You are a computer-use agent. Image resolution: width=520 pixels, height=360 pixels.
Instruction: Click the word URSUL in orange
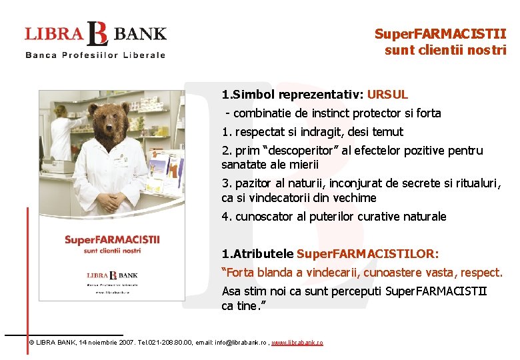pyautogui.click(x=387, y=95)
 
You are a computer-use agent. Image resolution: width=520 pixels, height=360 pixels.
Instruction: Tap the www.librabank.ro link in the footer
pyautogui.click(x=297, y=342)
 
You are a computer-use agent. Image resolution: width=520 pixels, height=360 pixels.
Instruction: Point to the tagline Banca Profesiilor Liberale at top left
pyautogui.click(x=95, y=55)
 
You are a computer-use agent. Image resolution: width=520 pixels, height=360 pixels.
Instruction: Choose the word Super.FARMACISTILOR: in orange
pyautogui.click(x=368, y=254)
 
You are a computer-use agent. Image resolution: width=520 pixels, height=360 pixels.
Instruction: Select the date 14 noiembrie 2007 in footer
pyautogui.click(x=107, y=342)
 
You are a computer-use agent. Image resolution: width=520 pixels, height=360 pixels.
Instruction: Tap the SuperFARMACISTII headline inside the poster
pyautogui.click(x=111, y=240)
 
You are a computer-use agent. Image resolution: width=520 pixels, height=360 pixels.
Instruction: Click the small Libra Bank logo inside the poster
pyautogui.click(x=112, y=275)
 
